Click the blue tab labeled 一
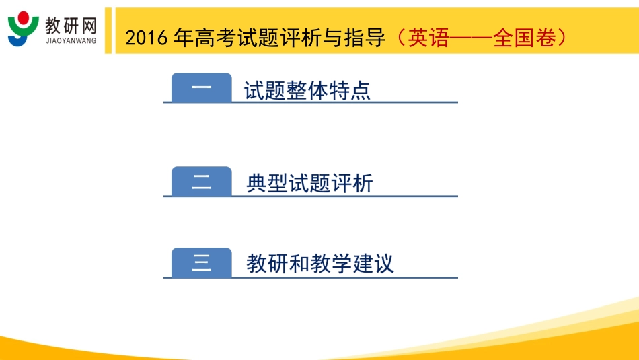(x=201, y=88)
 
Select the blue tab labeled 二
(x=201, y=182)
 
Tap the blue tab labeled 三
(x=201, y=262)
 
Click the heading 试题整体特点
(x=307, y=90)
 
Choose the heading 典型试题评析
(x=309, y=183)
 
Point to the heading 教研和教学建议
(x=320, y=263)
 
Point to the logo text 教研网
(x=71, y=25)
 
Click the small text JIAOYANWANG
(x=71, y=40)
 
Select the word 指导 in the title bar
(x=367, y=38)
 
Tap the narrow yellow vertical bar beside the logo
(x=108, y=30)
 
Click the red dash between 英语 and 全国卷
(x=470, y=38)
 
